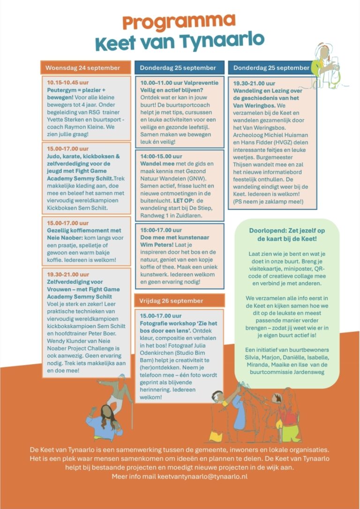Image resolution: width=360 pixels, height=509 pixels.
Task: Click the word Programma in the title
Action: coord(179,22)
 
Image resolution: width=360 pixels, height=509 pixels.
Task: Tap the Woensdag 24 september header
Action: coord(82,67)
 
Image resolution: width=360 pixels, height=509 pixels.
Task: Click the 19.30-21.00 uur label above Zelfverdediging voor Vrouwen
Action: coord(68,274)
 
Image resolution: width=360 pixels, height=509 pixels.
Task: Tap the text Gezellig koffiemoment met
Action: coord(84,231)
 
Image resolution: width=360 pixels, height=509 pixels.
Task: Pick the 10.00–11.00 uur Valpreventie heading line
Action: coord(178,82)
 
